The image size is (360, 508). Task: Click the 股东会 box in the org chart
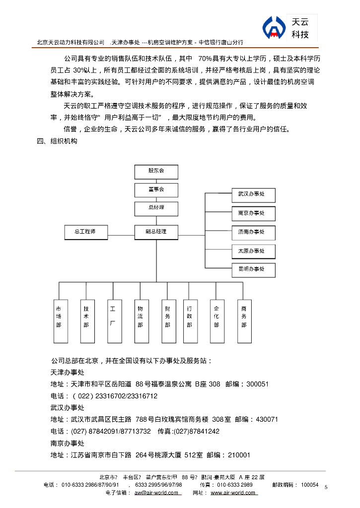(x=156, y=172)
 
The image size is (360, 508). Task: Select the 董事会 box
(x=156, y=190)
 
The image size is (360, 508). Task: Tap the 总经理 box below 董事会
(x=156, y=208)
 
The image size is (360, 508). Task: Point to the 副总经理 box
(x=156, y=232)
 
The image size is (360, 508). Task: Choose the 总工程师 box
(x=86, y=232)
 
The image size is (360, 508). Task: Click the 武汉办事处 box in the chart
(x=253, y=194)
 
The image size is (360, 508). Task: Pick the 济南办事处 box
(x=253, y=232)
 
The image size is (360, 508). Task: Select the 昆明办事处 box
(x=253, y=270)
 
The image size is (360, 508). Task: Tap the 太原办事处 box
(x=253, y=251)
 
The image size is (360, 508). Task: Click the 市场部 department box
(x=60, y=320)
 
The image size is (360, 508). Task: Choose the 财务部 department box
(x=168, y=320)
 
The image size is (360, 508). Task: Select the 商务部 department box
(x=244, y=320)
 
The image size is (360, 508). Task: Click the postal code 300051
(x=257, y=384)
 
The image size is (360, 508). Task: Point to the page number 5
(x=326, y=487)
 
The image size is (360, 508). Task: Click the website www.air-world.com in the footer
(x=233, y=493)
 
